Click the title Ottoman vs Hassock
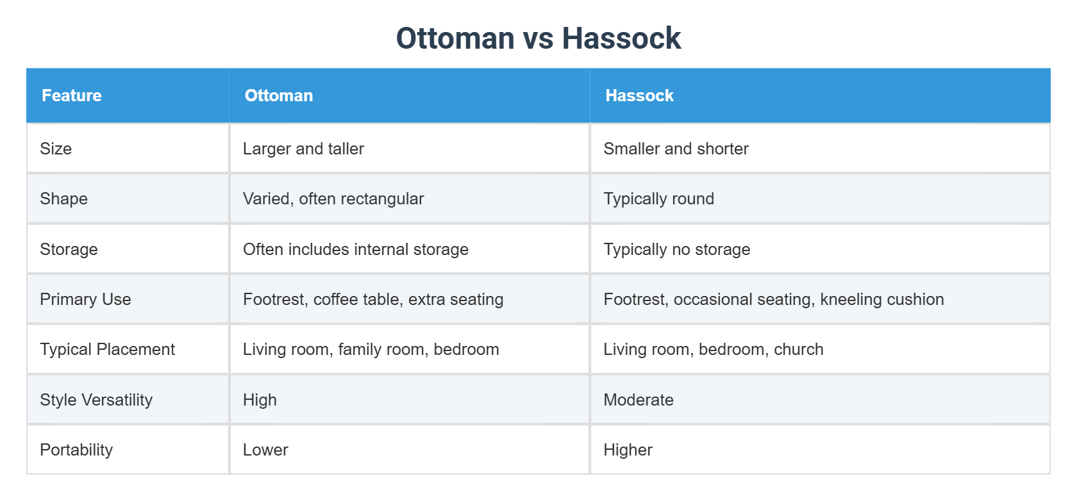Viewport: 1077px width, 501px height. pos(538,38)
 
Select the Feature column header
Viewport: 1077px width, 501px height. pos(72,95)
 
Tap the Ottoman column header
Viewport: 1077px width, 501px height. pos(279,95)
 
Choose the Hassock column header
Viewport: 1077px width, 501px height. pos(639,95)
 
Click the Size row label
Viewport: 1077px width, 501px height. pos(56,149)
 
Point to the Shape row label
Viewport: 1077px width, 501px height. pos(63,199)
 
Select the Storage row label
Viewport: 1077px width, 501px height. pos(69,249)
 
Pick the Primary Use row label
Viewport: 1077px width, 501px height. pos(85,299)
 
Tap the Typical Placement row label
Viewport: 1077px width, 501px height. pos(107,349)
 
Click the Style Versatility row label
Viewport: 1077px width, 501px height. pos(96,400)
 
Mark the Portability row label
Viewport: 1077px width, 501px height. pos(76,450)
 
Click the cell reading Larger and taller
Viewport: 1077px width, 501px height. pos(303,149)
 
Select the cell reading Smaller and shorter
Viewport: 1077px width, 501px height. pos(676,149)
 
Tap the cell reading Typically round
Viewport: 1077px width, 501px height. pos(658,199)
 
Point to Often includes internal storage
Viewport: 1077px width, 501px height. pos(356,249)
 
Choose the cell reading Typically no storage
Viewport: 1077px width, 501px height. pos(676,249)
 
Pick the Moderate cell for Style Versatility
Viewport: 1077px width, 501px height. pos(639,400)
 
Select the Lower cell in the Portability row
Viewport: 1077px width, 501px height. pos(265,450)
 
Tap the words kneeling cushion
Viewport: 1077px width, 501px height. pos(881,299)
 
